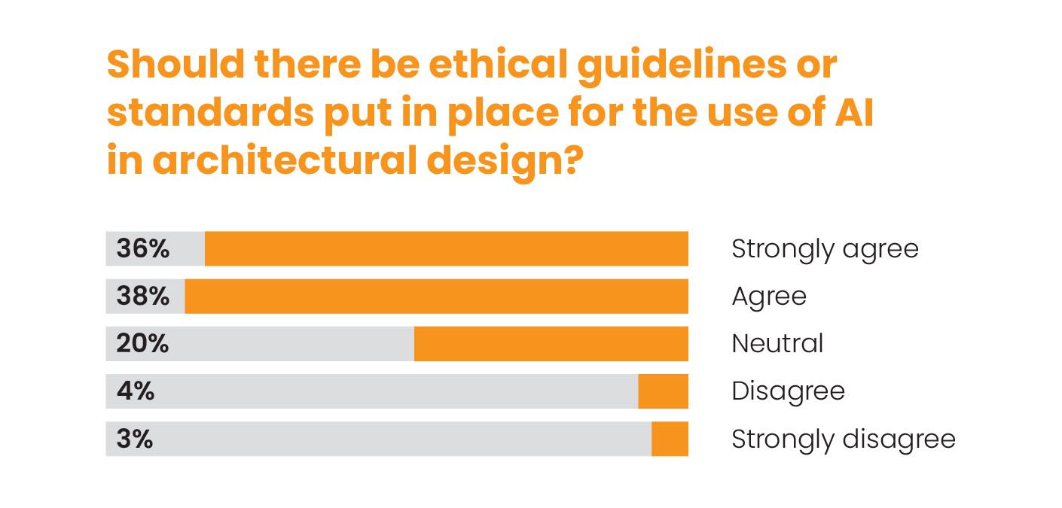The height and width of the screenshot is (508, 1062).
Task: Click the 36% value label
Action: pyautogui.click(x=143, y=248)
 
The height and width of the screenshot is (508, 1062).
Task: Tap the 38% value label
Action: pyautogui.click(x=143, y=296)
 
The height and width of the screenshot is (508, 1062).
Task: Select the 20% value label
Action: pyautogui.click(x=143, y=343)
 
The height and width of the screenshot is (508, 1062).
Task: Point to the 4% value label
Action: pyautogui.click(x=136, y=391)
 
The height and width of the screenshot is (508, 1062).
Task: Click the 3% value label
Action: pyautogui.click(x=135, y=439)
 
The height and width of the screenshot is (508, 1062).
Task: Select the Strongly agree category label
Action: pyautogui.click(x=825, y=249)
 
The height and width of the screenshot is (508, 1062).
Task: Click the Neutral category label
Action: pyautogui.click(x=777, y=344)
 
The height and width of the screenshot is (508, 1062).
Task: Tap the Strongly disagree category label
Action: pyautogui.click(x=843, y=439)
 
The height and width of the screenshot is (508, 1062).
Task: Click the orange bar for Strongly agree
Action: pyautogui.click(x=446, y=248)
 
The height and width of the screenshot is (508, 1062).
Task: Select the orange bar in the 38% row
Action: pyautogui.click(x=436, y=296)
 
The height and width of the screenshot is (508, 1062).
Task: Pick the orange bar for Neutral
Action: pyautogui.click(x=551, y=343)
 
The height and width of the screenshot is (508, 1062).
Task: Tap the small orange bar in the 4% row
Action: pyautogui.click(x=663, y=391)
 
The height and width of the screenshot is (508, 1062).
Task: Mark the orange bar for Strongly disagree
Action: pyautogui.click(x=670, y=439)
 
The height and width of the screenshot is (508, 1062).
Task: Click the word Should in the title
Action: pyautogui.click(x=174, y=65)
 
